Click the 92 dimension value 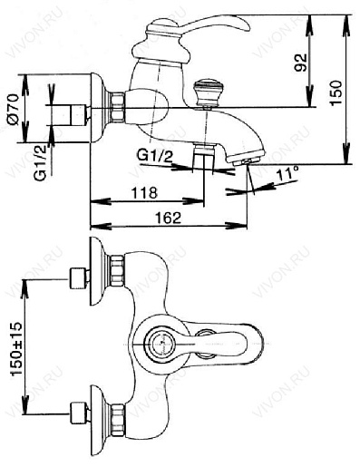(x=301, y=63)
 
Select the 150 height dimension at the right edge (x=336, y=92)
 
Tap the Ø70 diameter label (x=13, y=108)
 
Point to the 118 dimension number (x=144, y=192)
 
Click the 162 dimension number (x=168, y=218)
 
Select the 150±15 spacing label (x=16, y=347)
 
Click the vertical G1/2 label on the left (x=40, y=162)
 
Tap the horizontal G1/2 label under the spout (x=155, y=156)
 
